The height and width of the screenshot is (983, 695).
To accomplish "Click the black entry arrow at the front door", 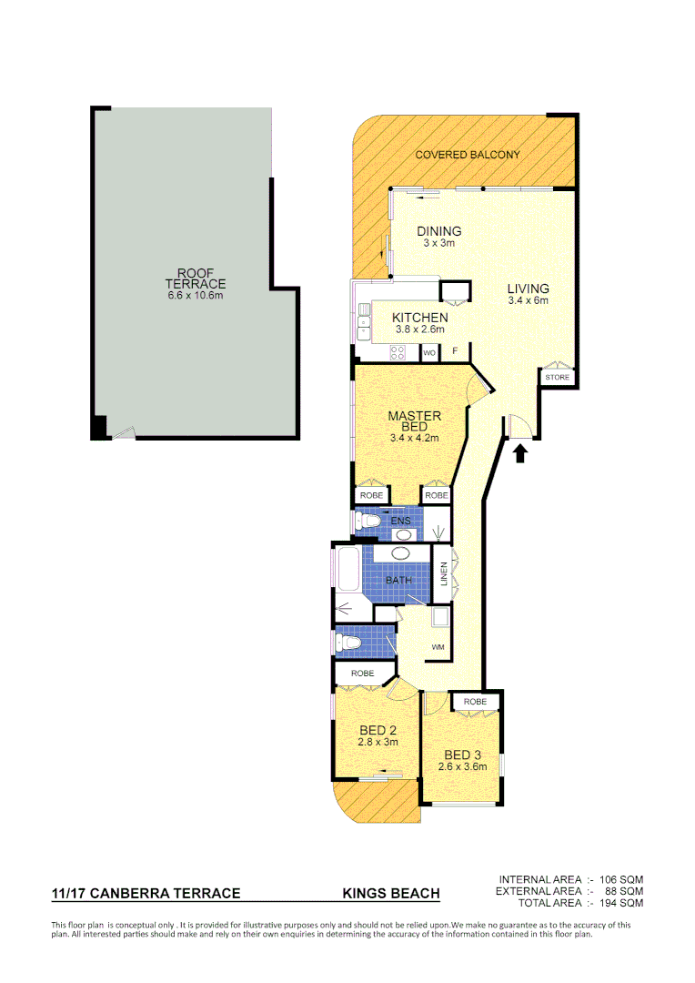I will tap(521, 452).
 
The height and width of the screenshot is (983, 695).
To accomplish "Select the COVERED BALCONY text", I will tap(468, 155).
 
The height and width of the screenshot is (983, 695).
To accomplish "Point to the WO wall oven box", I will tap(429, 353).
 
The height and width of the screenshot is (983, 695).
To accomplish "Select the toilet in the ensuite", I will tap(368, 522).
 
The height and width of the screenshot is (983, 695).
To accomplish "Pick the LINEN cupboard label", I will tap(444, 574).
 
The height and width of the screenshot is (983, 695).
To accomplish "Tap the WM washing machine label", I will tap(438, 647).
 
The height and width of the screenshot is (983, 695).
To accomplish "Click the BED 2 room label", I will tap(377, 730).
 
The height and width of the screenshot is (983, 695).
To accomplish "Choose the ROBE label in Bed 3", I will tap(475, 702).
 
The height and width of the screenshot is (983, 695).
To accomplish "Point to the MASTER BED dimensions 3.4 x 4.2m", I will tap(414, 438).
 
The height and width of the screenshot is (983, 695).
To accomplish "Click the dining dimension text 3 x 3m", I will tap(438, 243).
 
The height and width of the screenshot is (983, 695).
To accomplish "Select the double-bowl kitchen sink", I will tap(363, 319).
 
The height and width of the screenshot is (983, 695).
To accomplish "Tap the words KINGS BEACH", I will tap(391, 894).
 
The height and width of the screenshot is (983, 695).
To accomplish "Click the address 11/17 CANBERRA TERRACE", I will tap(146, 894).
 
